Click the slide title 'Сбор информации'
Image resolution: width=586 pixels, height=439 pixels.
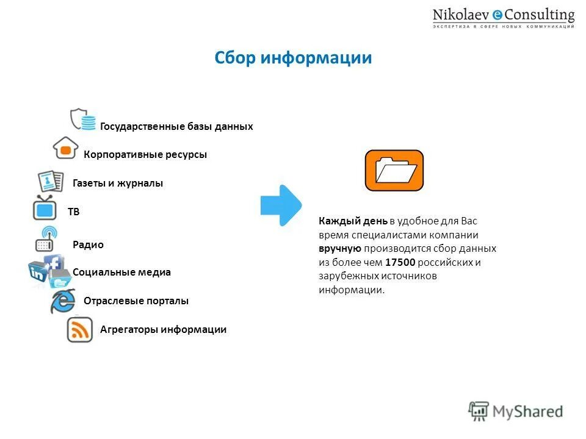coord(293,58)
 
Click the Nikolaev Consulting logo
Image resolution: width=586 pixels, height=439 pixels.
coord(504,18)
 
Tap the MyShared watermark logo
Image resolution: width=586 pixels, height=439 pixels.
coord(516,411)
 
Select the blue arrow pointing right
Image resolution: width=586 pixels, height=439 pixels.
coord(281,205)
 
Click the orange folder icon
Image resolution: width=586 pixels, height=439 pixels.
coord(394,171)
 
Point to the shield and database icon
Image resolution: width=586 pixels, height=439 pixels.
coord(83,119)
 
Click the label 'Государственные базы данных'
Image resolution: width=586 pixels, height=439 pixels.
coord(176,127)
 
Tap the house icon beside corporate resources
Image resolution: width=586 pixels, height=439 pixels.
coord(65,148)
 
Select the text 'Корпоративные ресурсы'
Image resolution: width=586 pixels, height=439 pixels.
coord(145,155)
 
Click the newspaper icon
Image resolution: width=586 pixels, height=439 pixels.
coord(50,181)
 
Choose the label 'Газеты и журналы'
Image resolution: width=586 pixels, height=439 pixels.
coord(118,184)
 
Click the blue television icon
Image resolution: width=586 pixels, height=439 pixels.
coord(45,208)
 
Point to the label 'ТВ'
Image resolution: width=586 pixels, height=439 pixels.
coord(73,212)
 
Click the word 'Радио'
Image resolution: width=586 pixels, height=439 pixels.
coord(88,245)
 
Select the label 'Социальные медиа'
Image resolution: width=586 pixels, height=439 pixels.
coord(121,273)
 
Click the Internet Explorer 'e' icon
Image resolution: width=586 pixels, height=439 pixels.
coord(62,301)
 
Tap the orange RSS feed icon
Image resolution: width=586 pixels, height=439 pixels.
coord(80,330)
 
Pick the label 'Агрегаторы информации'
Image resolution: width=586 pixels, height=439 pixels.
coord(163,330)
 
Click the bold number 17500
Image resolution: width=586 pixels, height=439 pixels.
coord(400,263)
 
